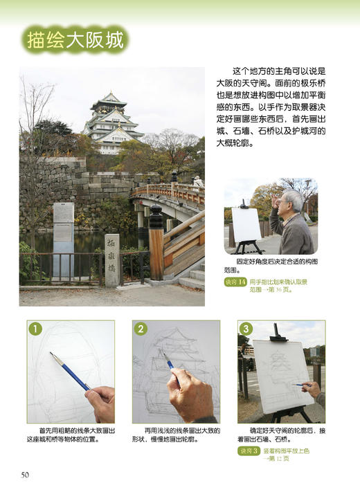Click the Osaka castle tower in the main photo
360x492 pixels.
[111, 123]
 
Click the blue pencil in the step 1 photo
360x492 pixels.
[69, 371]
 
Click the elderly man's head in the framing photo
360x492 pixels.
[293, 203]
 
